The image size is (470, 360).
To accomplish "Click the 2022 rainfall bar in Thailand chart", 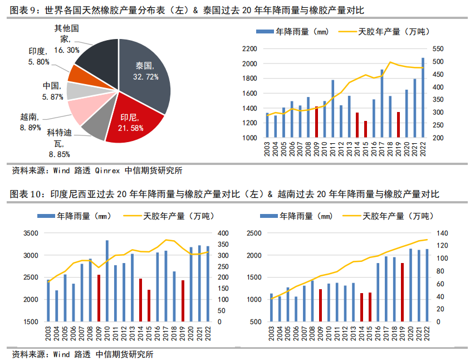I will pos(423,98).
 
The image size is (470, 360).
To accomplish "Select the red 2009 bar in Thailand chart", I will pos(317,122).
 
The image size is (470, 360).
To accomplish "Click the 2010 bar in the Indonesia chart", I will pos(107,281).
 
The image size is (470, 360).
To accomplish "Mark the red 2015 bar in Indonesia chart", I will pos(149,305).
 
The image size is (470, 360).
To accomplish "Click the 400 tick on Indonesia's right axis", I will pos(222,233).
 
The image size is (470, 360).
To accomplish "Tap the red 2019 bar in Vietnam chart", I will pos(402,292).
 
